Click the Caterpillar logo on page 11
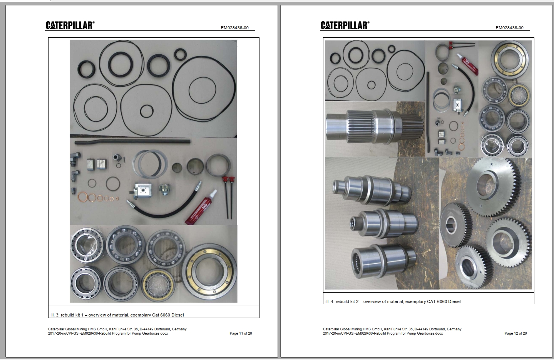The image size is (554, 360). [70, 25]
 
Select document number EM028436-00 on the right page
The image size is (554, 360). [509, 28]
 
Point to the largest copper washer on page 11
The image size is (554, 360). [82, 199]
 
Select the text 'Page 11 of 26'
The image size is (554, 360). [241, 333]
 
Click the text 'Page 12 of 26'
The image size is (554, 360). [516, 333]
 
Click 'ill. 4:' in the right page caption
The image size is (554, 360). [330, 301]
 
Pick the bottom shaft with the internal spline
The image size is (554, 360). [383, 261]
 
